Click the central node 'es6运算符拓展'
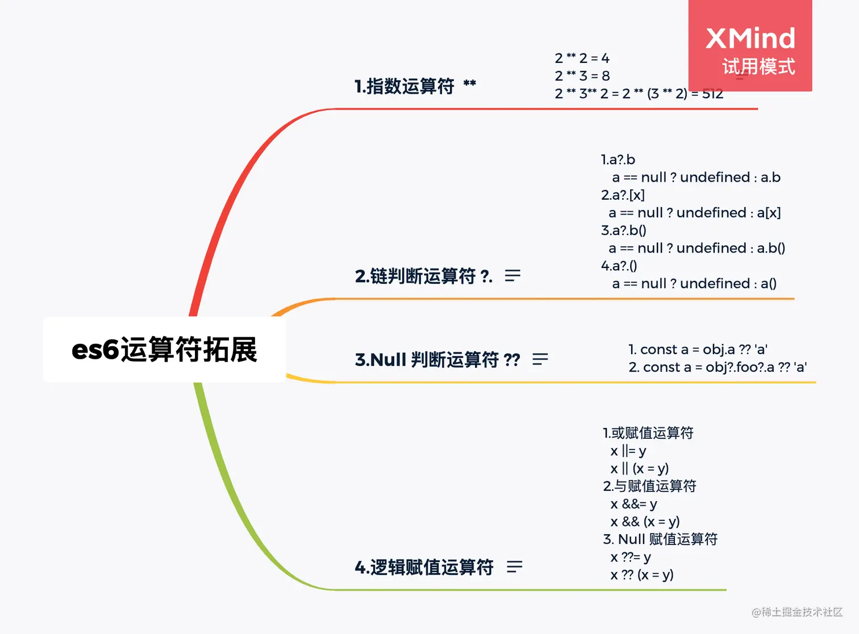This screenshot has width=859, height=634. point(164,350)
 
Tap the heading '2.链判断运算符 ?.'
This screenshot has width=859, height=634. point(423,276)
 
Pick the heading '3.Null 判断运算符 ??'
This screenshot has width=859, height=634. point(437,360)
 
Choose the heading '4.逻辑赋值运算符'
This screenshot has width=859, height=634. point(424,567)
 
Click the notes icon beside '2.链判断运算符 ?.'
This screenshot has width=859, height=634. point(512,276)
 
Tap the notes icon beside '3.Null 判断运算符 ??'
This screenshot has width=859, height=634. point(540,359)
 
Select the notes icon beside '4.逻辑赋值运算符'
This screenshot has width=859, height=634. point(515,566)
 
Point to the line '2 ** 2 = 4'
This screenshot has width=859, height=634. point(582,58)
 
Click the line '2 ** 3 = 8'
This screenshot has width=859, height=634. point(582,76)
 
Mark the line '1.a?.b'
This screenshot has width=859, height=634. point(618,159)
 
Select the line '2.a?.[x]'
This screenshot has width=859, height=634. point(623,195)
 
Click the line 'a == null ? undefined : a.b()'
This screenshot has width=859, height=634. point(697,248)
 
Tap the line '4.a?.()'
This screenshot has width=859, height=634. point(619,266)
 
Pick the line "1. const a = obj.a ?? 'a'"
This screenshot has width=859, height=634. point(698,350)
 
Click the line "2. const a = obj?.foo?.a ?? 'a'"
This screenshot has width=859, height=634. point(718,367)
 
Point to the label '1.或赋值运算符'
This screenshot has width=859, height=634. point(648,433)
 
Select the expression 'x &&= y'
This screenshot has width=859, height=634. point(633,504)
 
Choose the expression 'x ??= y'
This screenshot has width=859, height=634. point(631,557)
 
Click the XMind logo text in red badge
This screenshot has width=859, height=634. point(750,39)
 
